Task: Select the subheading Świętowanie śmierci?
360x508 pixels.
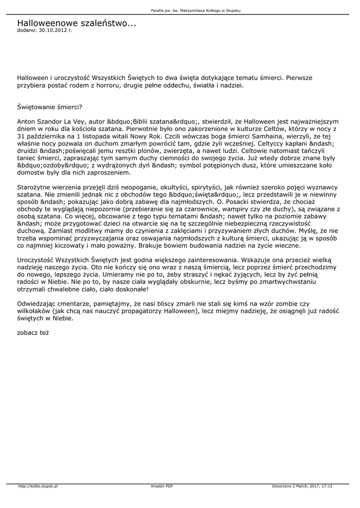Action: pyautogui.click(x=50, y=107)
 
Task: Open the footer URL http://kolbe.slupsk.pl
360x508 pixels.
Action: pyautogui.click(x=38, y=486)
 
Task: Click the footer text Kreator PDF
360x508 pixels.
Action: pyautogui.click(x=162, y=486)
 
